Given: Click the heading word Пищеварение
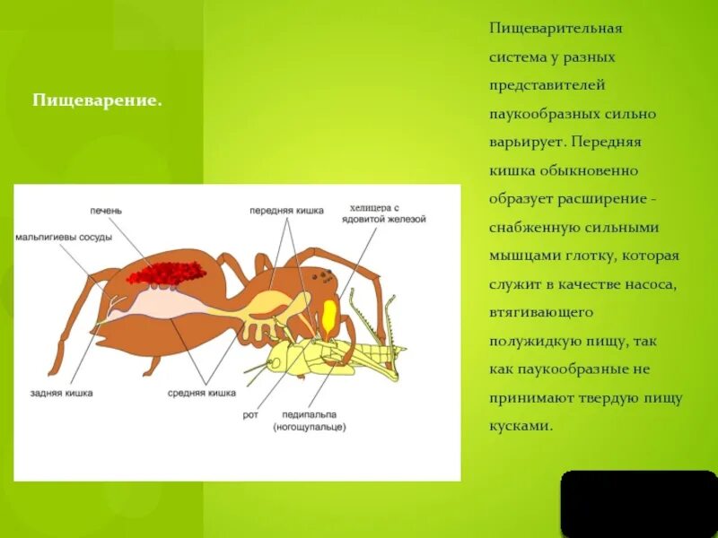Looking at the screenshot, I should click(x=97, y=100).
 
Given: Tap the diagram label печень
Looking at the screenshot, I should click(x=106, y=211).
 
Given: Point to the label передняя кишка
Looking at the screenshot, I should click(x=284, y=211).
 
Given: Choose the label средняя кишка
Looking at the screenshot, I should click(x=202, y=393).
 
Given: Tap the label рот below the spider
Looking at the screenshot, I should click(x=250, y=414).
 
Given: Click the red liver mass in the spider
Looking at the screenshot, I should click(x=166, y=272).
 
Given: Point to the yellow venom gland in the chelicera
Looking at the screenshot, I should click(x=329, y=316).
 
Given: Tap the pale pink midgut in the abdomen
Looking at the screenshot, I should click(x=171, y=305).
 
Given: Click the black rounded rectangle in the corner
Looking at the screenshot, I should click(x=638, y=503).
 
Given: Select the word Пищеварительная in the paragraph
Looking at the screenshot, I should click(x=556, y=28).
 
